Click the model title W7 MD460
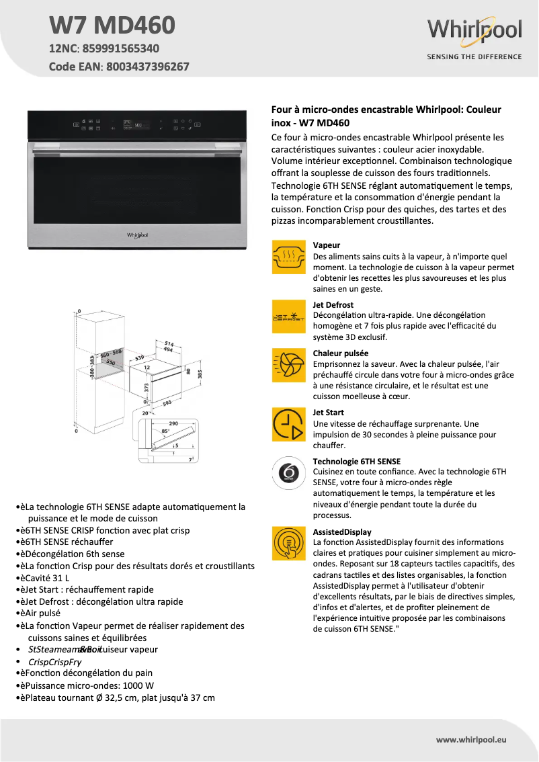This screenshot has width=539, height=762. point(112,25)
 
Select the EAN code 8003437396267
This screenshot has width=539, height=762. point(147,67)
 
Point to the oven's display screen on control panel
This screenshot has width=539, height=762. point(137,124)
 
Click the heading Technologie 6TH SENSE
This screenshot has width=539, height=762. point(357,462)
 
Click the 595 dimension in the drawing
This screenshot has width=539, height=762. point(167,403)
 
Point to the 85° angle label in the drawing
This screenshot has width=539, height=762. point(165,431)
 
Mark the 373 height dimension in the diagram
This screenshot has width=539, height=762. point(146,387)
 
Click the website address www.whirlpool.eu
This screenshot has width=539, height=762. point(471,739)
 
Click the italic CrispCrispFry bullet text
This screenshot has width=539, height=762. point(55,662)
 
